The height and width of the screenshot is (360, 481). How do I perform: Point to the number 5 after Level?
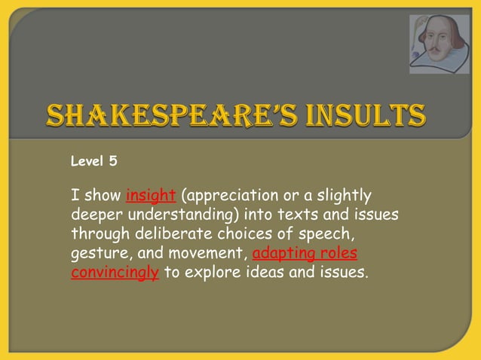[112, 160]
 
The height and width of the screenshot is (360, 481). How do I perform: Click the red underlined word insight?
[151, 196]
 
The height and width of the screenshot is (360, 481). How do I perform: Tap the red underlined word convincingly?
[115, 271]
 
